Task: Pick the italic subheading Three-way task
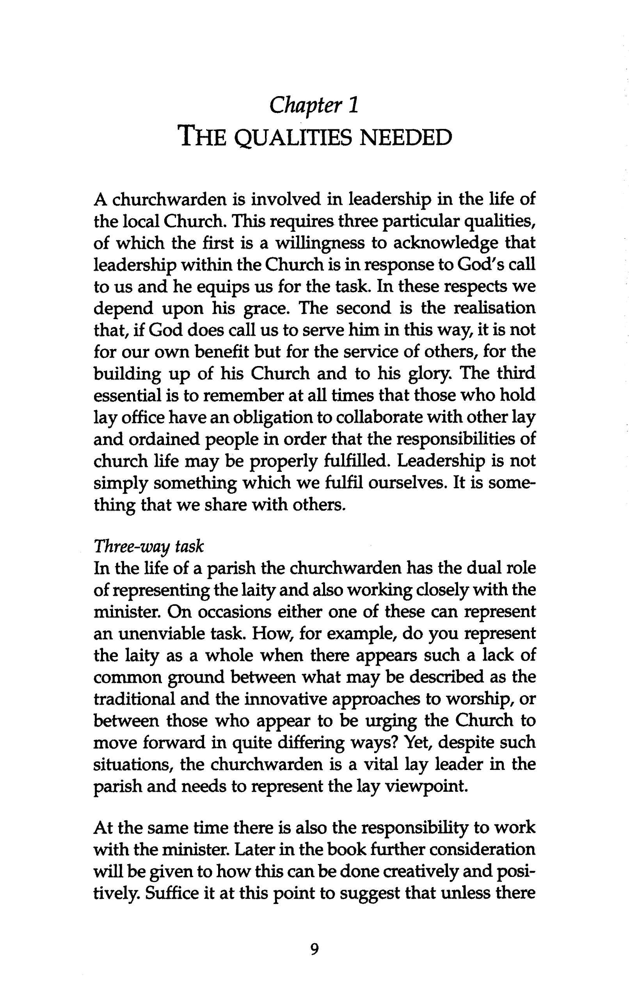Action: click(x=148, y=547)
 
